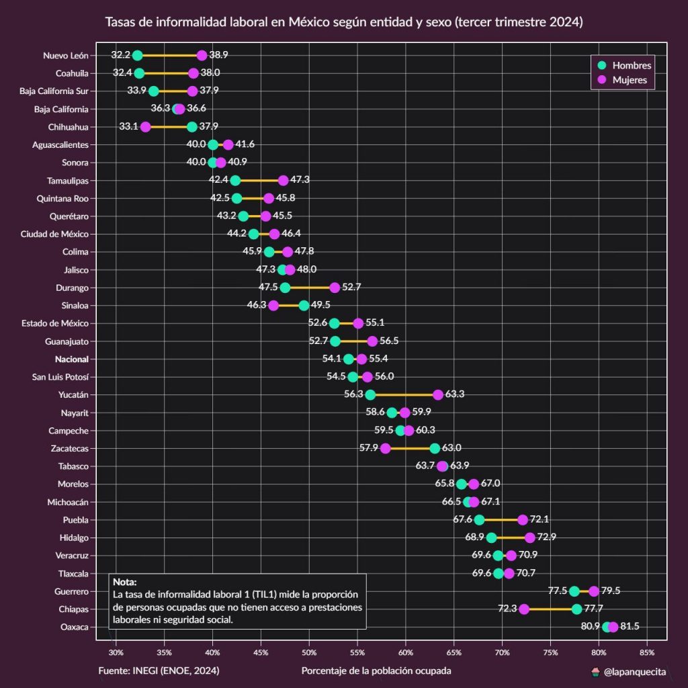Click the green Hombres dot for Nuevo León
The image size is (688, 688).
tap(138, 55)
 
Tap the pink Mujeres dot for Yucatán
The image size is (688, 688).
tap(438, 394)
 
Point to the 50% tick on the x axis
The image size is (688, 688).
tap(309, 652)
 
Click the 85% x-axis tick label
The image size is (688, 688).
tap(646, 652)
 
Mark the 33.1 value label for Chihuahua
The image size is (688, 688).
tap(128, 126)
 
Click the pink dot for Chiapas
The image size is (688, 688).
tap(524, 609)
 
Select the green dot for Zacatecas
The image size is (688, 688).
tap(435, 448)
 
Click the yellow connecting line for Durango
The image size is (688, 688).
tap(310, 288)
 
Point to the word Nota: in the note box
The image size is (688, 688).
tap(124, 583)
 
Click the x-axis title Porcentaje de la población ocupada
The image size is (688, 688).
tap(376, 671)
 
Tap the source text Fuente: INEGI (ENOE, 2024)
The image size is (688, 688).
tap(159, 671)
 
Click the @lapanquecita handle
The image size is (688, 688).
tap(634, 671)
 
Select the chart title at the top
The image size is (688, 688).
tap(344, 22)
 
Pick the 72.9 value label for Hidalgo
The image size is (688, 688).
tap(547, 537)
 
